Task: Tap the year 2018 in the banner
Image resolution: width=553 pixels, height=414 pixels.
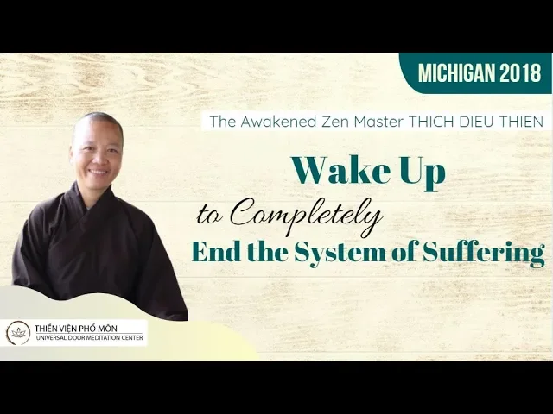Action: pos(520,73)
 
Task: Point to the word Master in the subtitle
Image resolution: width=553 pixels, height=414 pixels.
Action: pos(378,122)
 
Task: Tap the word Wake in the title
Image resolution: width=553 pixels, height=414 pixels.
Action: pos(340,170)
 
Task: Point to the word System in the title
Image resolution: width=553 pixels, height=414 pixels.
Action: pos(340,254)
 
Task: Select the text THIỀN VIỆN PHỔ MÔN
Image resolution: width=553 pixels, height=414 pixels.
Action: pos(76,328)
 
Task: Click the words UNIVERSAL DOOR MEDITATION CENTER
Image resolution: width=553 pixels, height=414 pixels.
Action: pos(88,337)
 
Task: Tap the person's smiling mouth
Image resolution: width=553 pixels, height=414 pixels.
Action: pos(99,172)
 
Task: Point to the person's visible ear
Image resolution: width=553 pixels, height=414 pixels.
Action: pos(73,153)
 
